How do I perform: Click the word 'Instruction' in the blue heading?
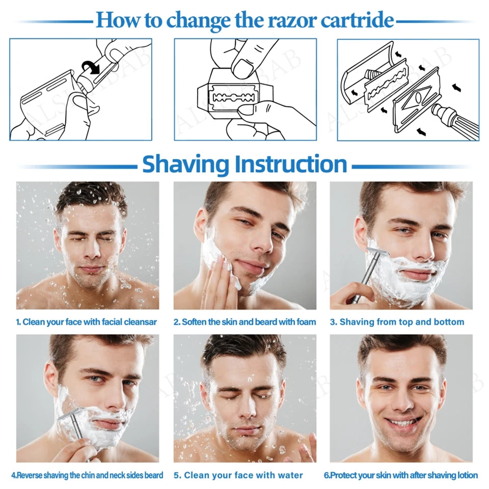(290, 165)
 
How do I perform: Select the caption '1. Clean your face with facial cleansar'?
(86, 322)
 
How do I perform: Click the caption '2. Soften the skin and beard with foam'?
(244, 322)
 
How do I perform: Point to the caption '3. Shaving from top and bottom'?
(397, 322)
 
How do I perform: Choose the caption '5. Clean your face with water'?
(238, 475)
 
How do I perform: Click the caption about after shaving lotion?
(401, 475)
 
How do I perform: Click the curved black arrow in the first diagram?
(92, 67)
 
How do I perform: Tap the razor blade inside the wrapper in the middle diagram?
(235, 97)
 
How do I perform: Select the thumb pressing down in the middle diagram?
(243, 63)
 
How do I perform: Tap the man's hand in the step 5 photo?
(306, 451)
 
